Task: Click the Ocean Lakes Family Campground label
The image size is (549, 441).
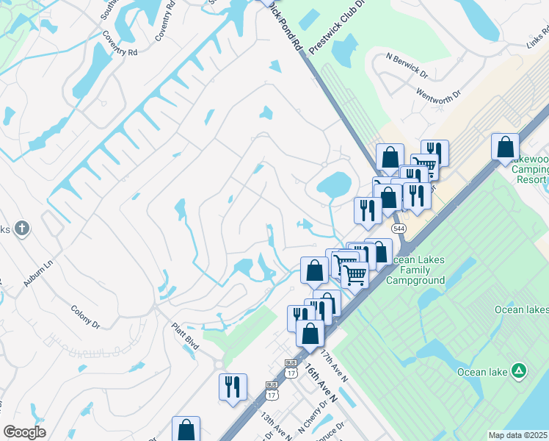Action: [418, 270]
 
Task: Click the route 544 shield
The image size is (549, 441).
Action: [399, 229]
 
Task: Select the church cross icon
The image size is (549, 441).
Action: [22, 229]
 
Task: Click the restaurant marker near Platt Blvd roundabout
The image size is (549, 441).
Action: [233, 387]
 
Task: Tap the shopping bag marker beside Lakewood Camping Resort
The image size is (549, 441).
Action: [505, 148]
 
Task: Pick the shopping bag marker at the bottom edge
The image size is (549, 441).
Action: [186, 429]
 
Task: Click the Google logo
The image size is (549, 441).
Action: [24, 432]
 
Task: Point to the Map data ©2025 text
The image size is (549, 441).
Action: [517, 435]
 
